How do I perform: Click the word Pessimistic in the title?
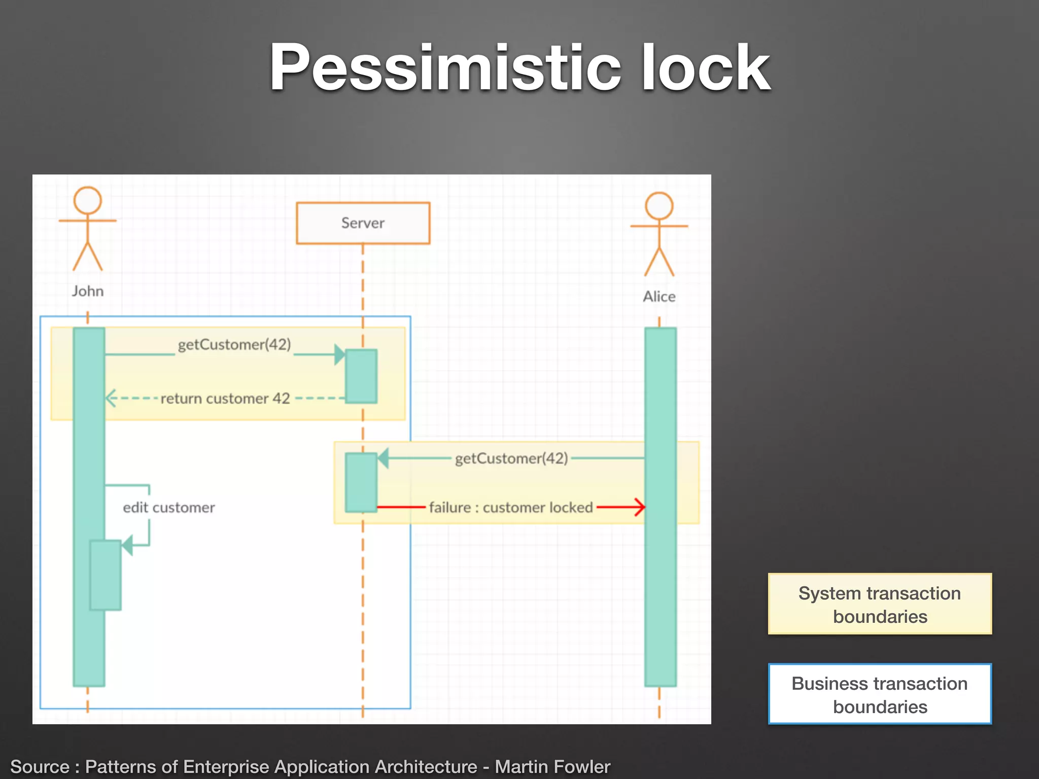pyautogui.click(x=444, y=67)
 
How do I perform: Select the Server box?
pyautogui.click(x=363, y=223)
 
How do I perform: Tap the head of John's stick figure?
pyautogui.click(x=88, y=200)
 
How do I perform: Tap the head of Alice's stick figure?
pyautogui.click(x=659, y=206)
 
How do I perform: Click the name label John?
pyautogui.click(x=88, y=291)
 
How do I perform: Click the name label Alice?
pyautogui.click(x=659, y=296)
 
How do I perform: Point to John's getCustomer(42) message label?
pyautogui.click(x=234, y=345)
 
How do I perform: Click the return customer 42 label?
pyautogui.click(x=225, y=399)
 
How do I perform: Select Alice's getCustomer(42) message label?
pyautogui.click(x=511, y=458)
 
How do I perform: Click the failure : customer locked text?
pyautogui.click(x=511, y=507)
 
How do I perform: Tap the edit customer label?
pyautogui.click(x=169, y=508)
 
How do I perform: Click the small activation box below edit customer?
pyautogui.click(x=106, y=575)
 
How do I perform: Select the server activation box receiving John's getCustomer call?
pyautogui.click(x=361, y=376)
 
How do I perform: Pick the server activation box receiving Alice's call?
pyautogui.click(x=361, y=482)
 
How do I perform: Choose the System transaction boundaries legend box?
pyautogui.click(x=880, y=604)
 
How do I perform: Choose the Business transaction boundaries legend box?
pyautogui.click(x=880, y=694)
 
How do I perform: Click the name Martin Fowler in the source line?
pyautogui.click(x=552, y=766)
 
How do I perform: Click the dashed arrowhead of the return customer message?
pyautogui.click(x=110, y=398)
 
